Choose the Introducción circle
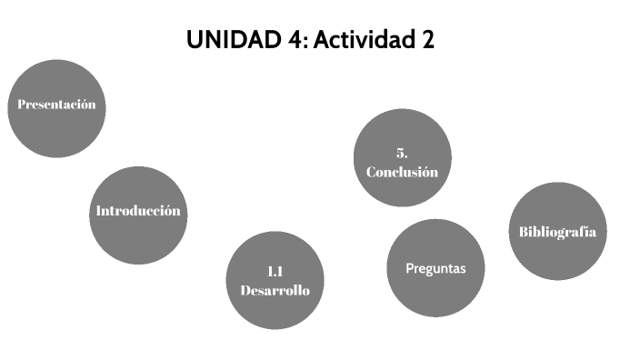pyautogui.click(x=137, y=215)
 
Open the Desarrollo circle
pyautogui.click(x=275, y=280)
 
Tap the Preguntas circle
pyautogui.click(x=435, y=269)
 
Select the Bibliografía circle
pyautogui.click(x=556, y=231)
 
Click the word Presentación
pyautogui.click(x=55, y=105)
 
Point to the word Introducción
pyautogui.click(x=138, y=211)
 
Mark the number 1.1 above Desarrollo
pyautogui.click(x=275, y=271)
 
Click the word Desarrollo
pyautogui.click(x=275, y=291)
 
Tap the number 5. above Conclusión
pyautogui.click(x=402, y=152)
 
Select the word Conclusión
pyautogui.click(x=402, y=172)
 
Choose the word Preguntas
pyautogui.click(x=435, y=268)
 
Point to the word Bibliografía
pyautogui.click(x=557, y=231)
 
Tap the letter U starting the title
pyautogui.click(x=194, y=41)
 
